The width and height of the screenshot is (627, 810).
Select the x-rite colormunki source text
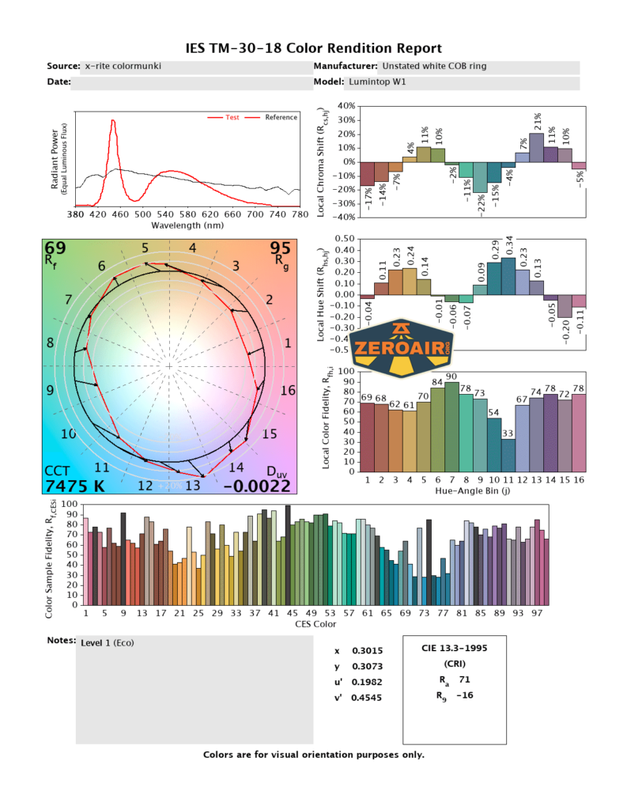(123, 66)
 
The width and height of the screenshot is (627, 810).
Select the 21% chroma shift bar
(536, 147)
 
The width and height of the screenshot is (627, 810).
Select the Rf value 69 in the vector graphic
(55, 248)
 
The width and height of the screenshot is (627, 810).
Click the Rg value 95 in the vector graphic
(281, 248)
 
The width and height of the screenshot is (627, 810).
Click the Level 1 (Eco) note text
(108, 643)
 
